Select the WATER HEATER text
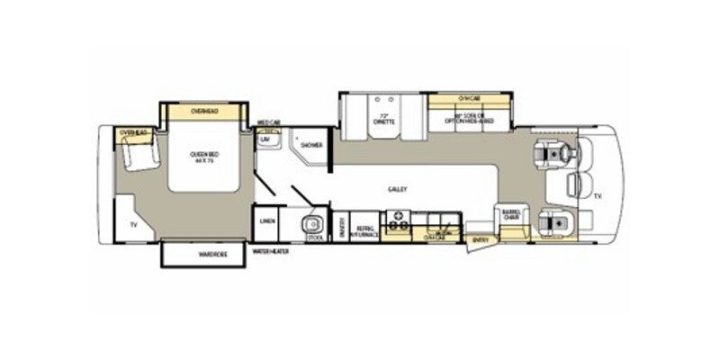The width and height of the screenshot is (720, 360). (x=270, y=251)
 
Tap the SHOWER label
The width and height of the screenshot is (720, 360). (x=311, y=145)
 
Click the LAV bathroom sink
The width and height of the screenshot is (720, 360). (x=266, y=141)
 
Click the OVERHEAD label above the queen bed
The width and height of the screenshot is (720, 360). (x=204, y=111)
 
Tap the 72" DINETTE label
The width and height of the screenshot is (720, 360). (x=385, y=122)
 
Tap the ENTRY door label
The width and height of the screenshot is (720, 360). (x=479, y=239)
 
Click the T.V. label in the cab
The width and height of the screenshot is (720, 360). (x=598, y=193)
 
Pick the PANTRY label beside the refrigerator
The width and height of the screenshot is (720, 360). (x=342, y=229)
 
